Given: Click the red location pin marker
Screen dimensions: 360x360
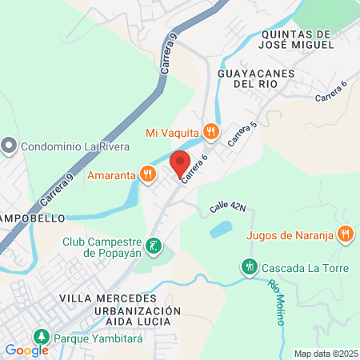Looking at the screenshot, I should (180, 164).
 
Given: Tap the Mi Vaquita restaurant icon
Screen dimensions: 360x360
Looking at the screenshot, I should (210, 131).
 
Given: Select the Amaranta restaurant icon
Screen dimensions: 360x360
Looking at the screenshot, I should (147, 174).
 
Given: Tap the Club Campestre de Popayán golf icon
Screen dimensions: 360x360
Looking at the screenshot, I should (154, 246).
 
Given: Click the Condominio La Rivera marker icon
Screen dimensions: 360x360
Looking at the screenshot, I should (9, 146).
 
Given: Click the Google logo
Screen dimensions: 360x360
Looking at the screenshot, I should (26, 350).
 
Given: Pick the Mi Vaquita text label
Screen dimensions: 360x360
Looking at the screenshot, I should (173, 132).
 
